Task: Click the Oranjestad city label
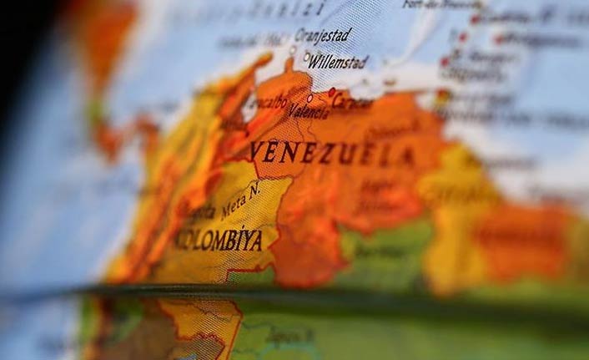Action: coord(323,35)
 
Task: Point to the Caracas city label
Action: coord(353,102)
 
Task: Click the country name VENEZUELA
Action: coord(332,153)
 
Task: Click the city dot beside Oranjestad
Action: coord(292,49)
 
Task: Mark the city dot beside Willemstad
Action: coord(306,58)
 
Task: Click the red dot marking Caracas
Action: coord(331,92)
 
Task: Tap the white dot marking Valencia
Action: coord(310,98)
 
